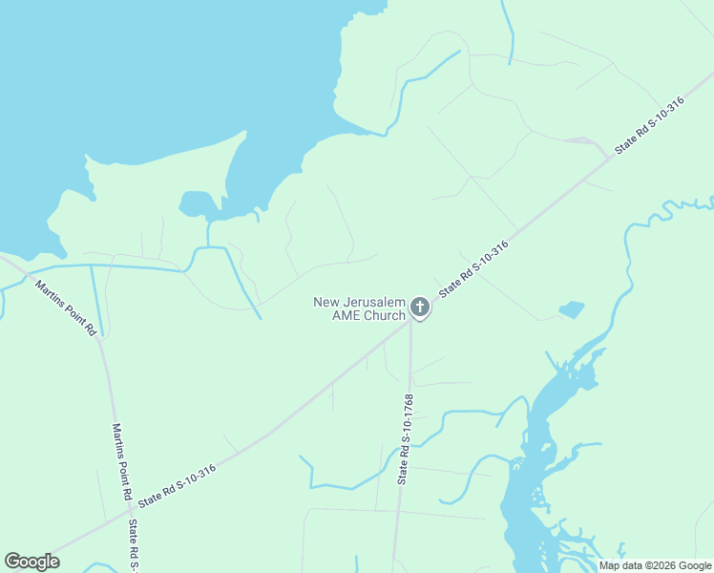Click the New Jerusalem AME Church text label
[x=359, y=308]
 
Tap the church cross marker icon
[x=419, y=308]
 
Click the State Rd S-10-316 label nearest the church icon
[x=473, y=269]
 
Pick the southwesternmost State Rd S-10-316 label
[x=177, y=485]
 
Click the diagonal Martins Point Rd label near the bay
[x=66, y=307]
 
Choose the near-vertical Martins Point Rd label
[x=121, y=462]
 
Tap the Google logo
[x=31, y=562]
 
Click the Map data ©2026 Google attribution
[x=655, y=565]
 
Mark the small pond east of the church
[x=571, y=309]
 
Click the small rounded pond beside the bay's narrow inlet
[x=197, y=203]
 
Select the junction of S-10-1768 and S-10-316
[x=410, y=321]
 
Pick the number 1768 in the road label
[x=409, y=407]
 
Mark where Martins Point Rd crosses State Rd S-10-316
[x=129, y=514]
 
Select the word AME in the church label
[x=342, y=315]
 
